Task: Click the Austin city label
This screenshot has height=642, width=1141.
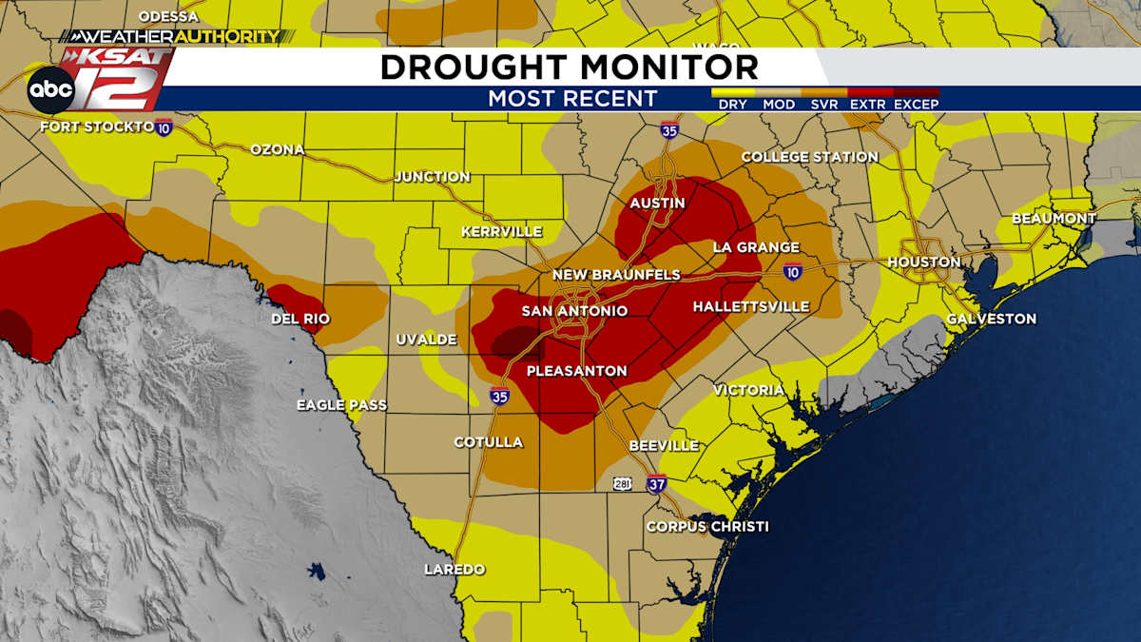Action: pos(657,204)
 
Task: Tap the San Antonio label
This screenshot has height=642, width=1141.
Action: pos(574,311)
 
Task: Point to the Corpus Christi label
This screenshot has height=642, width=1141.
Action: pos(707,526)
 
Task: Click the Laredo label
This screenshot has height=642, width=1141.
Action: pos(454,569)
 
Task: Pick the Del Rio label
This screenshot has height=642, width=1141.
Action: pos(300,319)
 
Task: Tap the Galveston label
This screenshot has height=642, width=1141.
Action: pos(991,319)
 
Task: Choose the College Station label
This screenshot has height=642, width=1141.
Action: pos(809,157)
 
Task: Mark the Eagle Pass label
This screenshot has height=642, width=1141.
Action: pos(341,405)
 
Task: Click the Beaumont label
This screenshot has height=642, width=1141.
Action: pos(1054,218)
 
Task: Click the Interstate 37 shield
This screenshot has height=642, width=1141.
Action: pos(656,483)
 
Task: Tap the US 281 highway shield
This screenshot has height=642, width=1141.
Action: pos(622,484)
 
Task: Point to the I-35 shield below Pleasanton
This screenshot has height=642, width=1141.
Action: pos(499,395)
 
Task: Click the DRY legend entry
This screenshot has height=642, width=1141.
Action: pos(732,104)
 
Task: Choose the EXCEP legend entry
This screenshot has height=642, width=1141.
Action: pos(917,104)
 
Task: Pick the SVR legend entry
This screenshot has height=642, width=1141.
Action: pos(824,104)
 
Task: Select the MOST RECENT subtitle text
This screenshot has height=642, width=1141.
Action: pos(572,99)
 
